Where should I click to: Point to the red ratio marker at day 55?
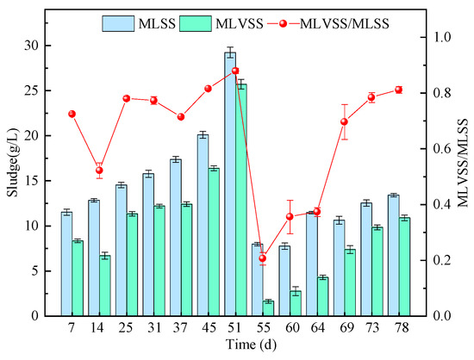point(263,258)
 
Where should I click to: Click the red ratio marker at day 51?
point(235,71)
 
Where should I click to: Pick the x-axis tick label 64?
point(317,332)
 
